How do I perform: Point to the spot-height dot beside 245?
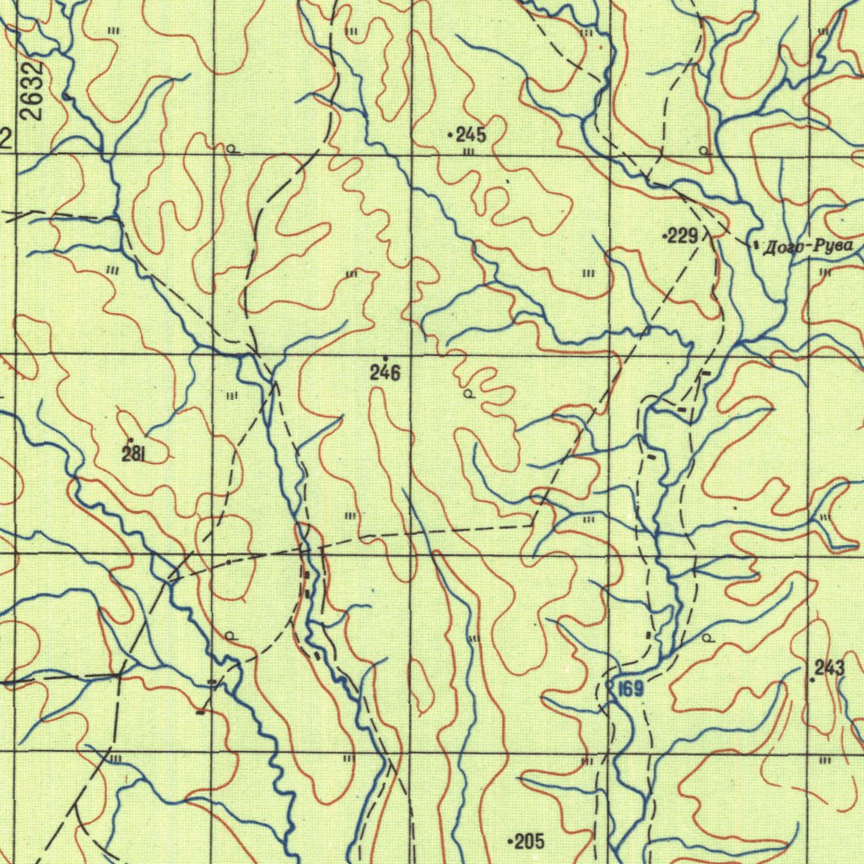click(451, 134)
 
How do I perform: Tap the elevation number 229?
click(683, 237)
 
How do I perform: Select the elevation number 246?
click(385, 373)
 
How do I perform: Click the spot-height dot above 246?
click(386, 359)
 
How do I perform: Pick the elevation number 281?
click(133, 455)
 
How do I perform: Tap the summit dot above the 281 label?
click(130, 440)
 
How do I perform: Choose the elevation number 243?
click(829, 668)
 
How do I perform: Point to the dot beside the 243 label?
click(812, 679)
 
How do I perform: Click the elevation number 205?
click(529, 841)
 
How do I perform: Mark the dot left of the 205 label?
click(509, 841)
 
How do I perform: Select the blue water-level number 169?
click(629, 689)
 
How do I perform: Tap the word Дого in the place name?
click(782, 248)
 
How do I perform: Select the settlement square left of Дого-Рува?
click(754, 244)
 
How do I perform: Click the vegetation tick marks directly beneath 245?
click(469, 152)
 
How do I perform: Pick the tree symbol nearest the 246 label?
click(468, 394)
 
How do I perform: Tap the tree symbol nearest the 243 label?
click(708, 640)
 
